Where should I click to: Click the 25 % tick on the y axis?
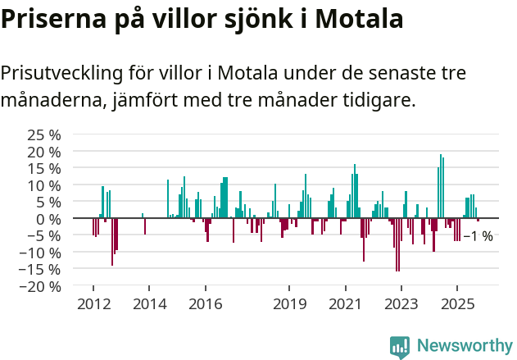(x=43, y=134)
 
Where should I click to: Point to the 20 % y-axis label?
(x=43, y=152)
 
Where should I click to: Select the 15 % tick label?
(x=43, y=168)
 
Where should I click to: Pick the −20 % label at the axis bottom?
(x=40, y=286)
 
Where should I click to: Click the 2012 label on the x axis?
(x=93, y=304)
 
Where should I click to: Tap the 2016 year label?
(x=205, y=304)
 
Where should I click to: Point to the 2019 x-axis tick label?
(x=289, y=304)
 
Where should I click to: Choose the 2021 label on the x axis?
(x=345, y=304)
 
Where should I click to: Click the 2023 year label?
(x=401, y=304)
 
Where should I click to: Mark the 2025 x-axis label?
(x=457, y=304)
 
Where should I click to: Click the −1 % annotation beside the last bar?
(x=478, y=236)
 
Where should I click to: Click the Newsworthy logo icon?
(x=400, y=347)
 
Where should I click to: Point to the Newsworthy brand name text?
(x=464, y=347)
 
